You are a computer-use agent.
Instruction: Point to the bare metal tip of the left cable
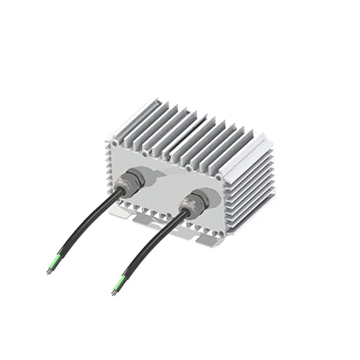pos(48,272)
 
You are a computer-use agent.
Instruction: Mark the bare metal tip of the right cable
pos(113,291)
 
